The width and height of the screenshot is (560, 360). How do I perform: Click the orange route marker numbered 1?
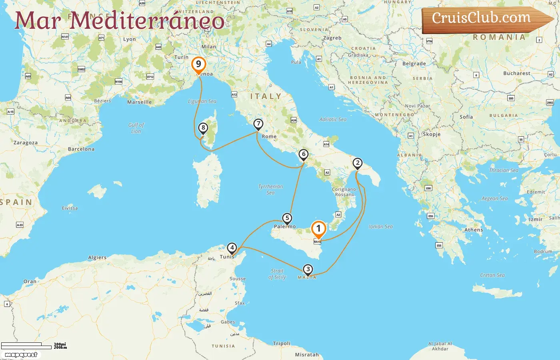[318, 229]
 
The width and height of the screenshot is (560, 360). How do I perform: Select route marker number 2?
[357, 163]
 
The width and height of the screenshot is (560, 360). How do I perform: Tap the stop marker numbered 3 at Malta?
[308, 270]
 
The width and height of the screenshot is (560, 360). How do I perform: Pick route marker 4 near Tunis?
[232, 248]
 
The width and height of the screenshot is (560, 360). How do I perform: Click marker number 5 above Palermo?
[287, 218]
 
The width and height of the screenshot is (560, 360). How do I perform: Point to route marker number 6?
[304, 154]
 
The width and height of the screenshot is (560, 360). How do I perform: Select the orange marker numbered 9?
[198, 64]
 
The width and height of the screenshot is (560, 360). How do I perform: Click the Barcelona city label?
[81, 149]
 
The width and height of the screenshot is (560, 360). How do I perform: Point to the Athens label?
[474, 230]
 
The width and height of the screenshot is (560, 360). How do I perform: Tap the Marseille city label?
[139, 102]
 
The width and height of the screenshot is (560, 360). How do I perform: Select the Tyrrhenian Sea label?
[270, 190]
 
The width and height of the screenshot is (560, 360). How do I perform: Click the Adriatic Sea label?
[333, 119]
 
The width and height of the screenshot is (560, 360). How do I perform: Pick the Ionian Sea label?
[380, 226]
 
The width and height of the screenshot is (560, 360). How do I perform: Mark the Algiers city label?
[97, 258]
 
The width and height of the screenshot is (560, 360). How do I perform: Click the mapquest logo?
[21, 355]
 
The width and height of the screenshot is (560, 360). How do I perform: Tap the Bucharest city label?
[516, 74]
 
